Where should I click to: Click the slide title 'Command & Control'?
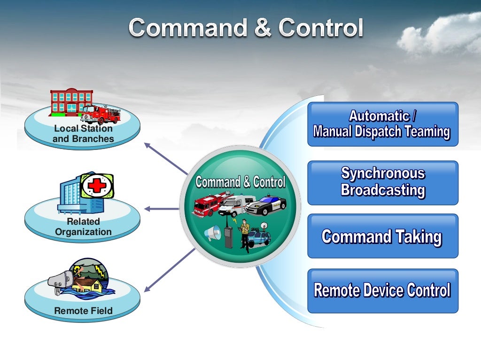[246, 27]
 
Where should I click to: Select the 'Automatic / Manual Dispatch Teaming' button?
[382, 124]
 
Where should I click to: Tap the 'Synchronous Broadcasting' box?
[382, 182]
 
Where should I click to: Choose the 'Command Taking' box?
[382, 236]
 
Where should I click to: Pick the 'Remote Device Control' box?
[382, 290]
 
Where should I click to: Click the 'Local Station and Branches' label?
[83, 133]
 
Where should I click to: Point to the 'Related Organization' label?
[83, 227]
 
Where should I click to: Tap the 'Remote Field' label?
[83, 311]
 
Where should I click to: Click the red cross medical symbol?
[97, 186]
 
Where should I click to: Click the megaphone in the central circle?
[212, 233]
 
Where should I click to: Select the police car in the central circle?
[266, 205]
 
